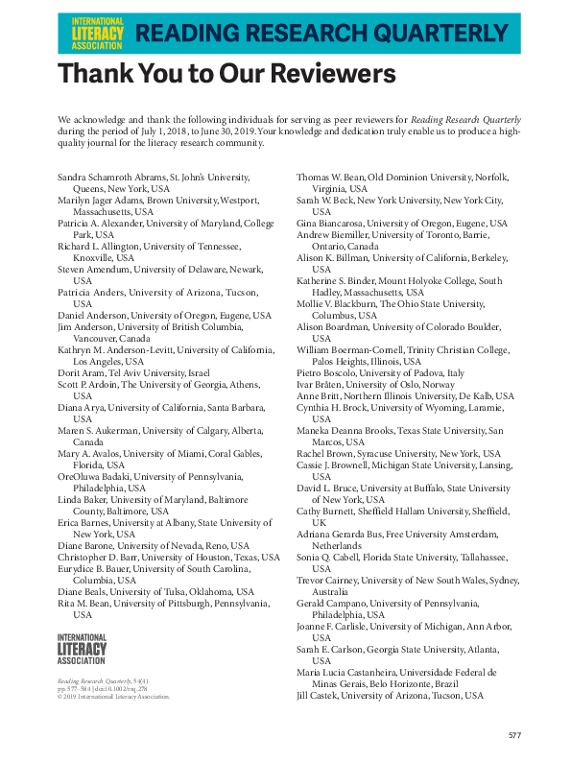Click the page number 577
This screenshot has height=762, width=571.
514,735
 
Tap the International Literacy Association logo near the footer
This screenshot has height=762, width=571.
83,650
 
